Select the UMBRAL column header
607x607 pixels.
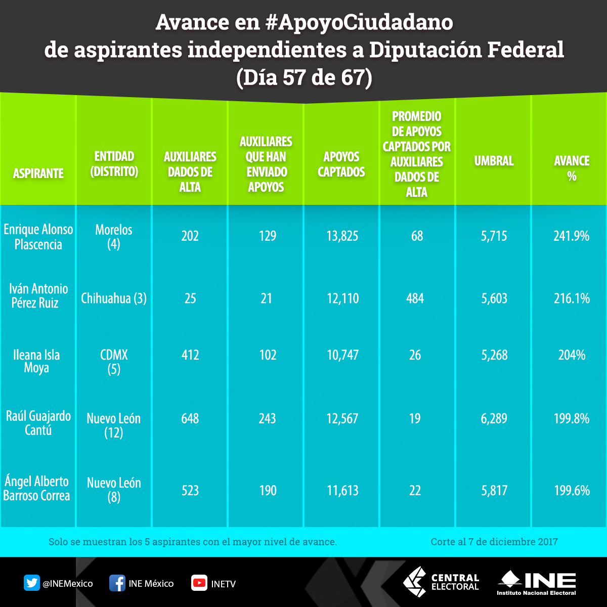pos(494,161)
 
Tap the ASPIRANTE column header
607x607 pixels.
pos(38,174)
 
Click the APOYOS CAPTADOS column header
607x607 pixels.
pos(341,164)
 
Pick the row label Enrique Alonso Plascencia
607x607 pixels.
pos(38,237)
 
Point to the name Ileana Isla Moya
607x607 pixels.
pos(36,361)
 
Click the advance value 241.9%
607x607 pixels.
pos(572,236)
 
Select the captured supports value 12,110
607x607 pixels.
pos(342,298)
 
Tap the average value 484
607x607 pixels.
pos(415,298)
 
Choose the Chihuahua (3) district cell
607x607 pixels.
pos(114,298)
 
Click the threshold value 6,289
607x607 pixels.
pos(494,419)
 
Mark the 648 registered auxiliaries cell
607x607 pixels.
pos(190,419)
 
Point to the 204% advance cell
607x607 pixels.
pos(572,355)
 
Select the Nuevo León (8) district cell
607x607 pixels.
pos(114,490)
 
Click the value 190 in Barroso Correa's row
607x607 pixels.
pos(266,491)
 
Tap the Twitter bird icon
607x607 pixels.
pos(32,583)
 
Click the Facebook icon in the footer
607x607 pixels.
pos(117,583)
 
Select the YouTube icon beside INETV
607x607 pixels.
pos(199,583)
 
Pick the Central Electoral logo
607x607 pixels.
pos(441,582)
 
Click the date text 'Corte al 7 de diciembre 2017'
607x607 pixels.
pos(494,542)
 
